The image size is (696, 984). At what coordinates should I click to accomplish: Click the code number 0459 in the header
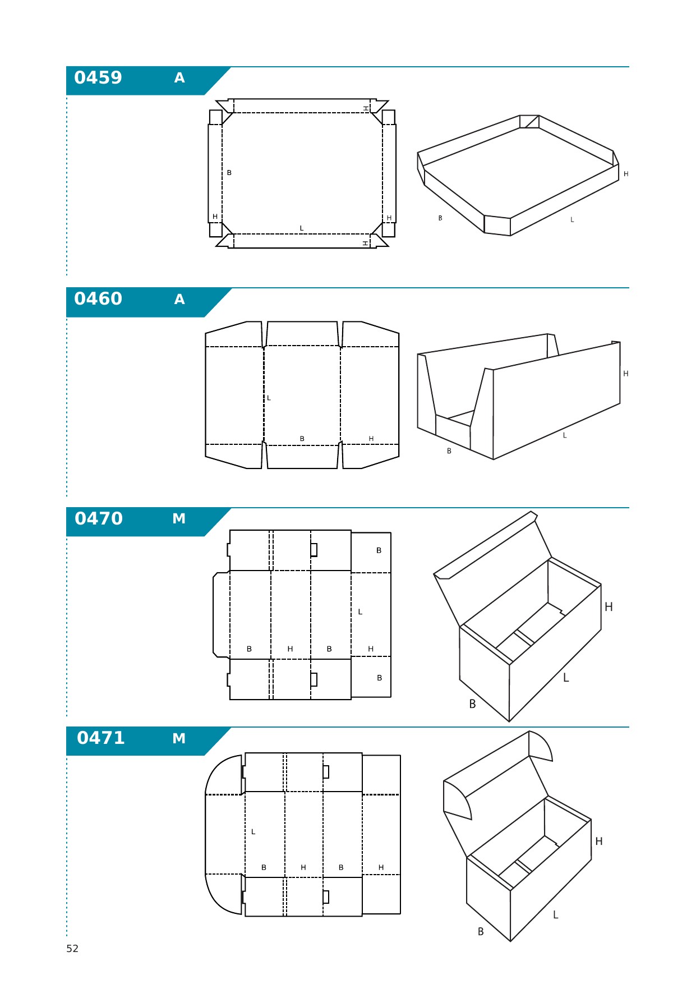point(98,77)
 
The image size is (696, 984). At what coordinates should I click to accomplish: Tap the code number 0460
point(98,298)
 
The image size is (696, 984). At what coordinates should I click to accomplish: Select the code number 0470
point(99,518)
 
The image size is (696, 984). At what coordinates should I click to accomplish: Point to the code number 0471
point(101,738)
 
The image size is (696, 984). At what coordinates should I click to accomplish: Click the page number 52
point(72,949)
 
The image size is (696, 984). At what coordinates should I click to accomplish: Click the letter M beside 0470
point(179,519)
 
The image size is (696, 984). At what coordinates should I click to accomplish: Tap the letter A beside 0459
point(179,78)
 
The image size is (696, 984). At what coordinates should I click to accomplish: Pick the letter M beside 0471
point(179,738)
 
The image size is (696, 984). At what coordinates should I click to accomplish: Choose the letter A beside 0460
point(179,299)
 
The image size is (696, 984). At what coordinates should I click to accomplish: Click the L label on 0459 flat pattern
point(302,228)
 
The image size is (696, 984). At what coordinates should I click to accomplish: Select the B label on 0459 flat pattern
point(229,173)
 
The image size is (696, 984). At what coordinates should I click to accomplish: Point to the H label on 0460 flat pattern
point(371,439)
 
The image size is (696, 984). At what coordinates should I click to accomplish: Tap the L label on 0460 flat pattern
point(269,398)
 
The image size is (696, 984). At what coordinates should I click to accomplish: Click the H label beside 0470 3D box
point(609,606)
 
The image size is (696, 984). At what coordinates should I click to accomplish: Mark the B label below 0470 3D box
point(472,703)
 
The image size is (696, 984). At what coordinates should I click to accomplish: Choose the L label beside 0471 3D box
point(556,914)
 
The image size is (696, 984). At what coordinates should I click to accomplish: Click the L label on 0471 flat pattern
point(253,831)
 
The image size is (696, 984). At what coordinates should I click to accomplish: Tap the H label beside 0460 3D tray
point(626,374)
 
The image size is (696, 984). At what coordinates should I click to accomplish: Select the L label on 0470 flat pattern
point(360,611)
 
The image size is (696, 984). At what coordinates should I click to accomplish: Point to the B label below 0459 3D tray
point(440,218)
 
